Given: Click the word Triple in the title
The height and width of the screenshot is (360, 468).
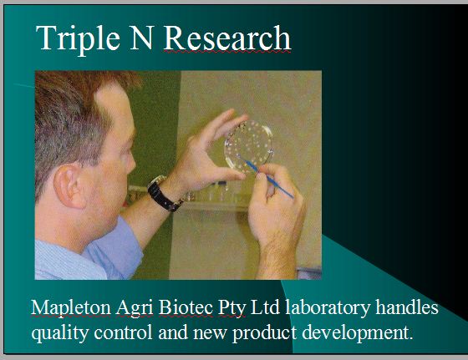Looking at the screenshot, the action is click(78, 39).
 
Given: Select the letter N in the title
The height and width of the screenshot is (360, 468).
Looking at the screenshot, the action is click(141, 38).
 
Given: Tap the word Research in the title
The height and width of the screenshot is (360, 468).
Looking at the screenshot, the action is click(227, 38).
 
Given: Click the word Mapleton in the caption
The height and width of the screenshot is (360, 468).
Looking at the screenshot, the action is click(71, 308).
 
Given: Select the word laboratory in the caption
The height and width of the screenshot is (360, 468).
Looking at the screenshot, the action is click(328, 308).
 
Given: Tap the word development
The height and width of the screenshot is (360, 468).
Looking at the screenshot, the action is click(358, 333).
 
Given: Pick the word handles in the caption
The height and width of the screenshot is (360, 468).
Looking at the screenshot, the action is click(407, 307).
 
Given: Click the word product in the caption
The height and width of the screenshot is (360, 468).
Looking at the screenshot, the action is click(264, 333).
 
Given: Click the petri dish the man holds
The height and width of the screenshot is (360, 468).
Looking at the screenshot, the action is click(248, 146).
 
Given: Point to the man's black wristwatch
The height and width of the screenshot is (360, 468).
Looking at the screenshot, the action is click(164, 193).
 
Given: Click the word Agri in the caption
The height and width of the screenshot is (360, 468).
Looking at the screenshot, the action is click(135, 308).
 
